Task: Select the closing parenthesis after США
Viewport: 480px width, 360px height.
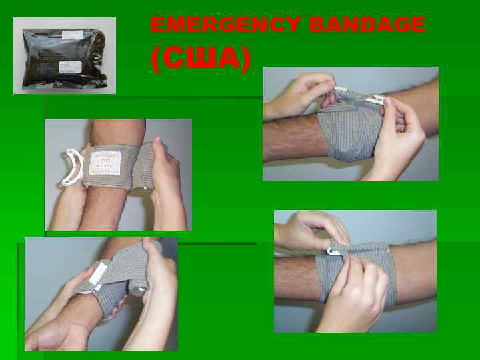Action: click(247, 60)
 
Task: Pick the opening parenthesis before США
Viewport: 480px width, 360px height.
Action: click(155, 60)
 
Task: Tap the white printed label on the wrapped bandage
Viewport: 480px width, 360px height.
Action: click(107, 164)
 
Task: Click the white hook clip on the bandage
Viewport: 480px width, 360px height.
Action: click(334, 251)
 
